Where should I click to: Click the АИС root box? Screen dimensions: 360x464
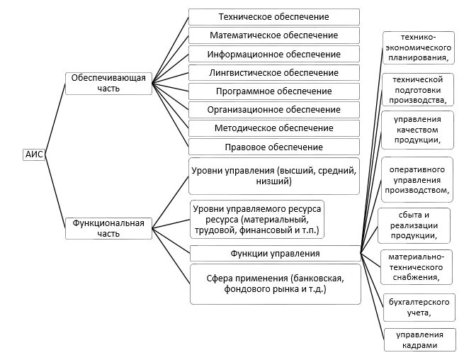point(34,155)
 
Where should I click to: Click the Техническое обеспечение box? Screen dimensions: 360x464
point(273,17)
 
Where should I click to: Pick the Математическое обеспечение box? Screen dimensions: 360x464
point(273,35)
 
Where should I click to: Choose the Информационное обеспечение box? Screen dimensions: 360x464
point(273,54)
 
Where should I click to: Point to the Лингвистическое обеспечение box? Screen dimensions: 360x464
point(273,72)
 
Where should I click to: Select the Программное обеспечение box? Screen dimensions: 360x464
point(273,91)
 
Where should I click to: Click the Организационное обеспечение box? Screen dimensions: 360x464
point(273,110)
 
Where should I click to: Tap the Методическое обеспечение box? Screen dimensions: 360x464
point(273,128)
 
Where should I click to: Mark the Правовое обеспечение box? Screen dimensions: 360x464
point(273,147)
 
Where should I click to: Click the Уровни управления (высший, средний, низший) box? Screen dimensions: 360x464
point(273,176)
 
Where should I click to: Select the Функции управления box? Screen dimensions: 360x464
point(273,253)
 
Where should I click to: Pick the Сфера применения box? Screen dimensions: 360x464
point(273,283)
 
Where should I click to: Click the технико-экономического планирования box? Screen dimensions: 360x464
point(417,47)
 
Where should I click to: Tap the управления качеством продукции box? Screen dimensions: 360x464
point(417,130)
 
